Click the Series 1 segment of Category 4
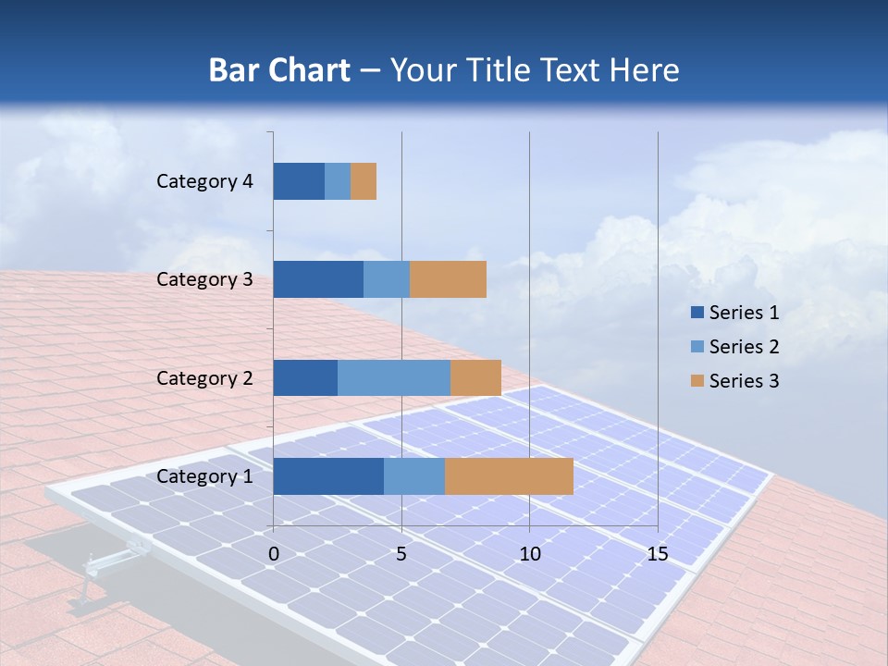pos(299,181)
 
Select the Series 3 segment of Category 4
pos(364,181)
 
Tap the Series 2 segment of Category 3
pos(387,279)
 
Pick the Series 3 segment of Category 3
pos(448,279)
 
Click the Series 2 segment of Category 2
pos(394,377)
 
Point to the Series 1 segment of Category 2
pos(305,377)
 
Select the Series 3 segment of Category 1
pos(509,476)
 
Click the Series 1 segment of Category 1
pos(328,476)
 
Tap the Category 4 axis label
pos(204,181)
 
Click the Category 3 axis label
pos(204,279)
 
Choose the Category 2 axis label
pos(204,378)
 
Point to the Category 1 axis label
pos(204,476)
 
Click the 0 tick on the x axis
pos(274,554)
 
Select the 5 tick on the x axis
pos(401,554)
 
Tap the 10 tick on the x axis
pos(529,554)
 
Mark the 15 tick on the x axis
pos(658,554)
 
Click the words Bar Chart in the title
pos(279,70)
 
